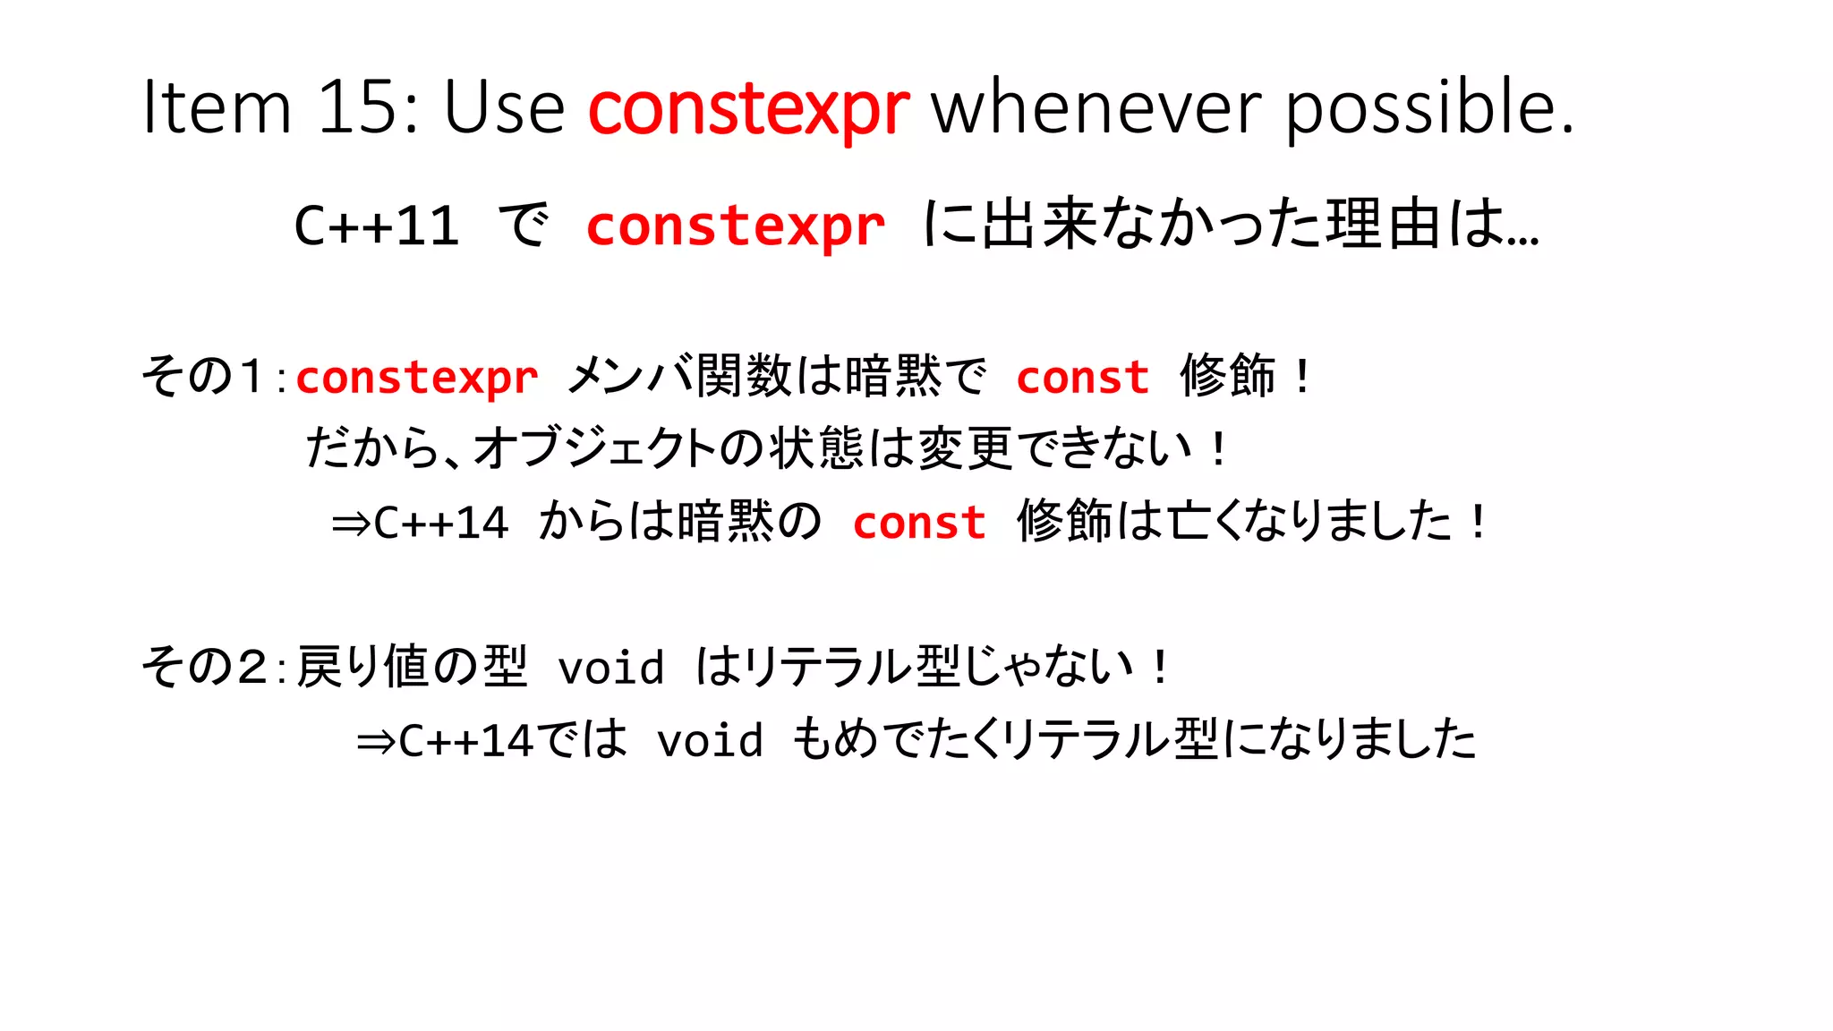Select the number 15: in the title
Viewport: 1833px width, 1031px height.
(x=368, y=107)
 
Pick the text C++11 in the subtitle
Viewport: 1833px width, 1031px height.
(x=376, y=226)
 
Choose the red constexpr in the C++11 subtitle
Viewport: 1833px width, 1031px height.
(x=735, y=227)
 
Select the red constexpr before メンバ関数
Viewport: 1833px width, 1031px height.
(x=417, y=379)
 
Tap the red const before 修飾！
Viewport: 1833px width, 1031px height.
(x=1082, y=377)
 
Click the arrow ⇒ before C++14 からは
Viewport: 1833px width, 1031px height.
(x=350, y=524)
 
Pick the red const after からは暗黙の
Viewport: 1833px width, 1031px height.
(x=919, y=523)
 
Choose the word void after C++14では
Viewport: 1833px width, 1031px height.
(x=710, y=741)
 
